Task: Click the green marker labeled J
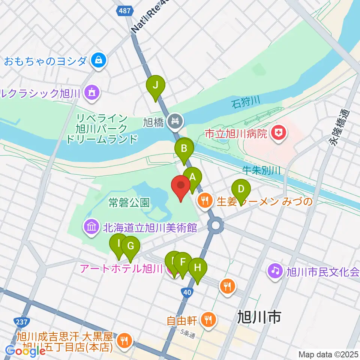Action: coord(156,87)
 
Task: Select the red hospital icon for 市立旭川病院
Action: coord(278,133)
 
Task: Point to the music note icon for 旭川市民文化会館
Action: coord(275,270)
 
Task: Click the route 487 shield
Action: coord(124,10)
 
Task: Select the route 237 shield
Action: coord(21,322)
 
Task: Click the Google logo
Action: coord(25,351)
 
